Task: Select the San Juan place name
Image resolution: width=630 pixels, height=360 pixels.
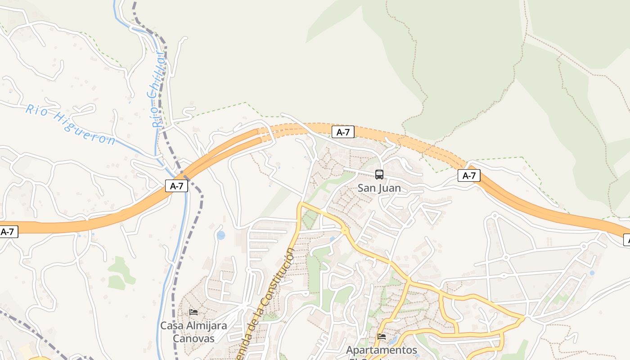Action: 379,188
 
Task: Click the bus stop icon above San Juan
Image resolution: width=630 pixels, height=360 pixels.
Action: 379,175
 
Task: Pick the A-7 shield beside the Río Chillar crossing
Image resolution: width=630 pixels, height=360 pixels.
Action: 176,186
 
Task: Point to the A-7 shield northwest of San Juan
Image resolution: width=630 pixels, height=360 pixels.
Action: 343,132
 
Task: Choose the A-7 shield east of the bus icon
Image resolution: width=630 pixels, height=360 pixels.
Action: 469,175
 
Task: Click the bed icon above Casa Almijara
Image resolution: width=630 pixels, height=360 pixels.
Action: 193,312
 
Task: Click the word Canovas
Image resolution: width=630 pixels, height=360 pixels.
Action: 193,338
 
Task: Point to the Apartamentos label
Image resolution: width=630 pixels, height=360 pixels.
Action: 381,350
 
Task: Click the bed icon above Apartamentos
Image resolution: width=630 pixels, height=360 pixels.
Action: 382,336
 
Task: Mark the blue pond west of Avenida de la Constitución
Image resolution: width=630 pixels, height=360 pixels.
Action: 220,235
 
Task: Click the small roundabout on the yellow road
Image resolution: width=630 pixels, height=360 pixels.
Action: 345,231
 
